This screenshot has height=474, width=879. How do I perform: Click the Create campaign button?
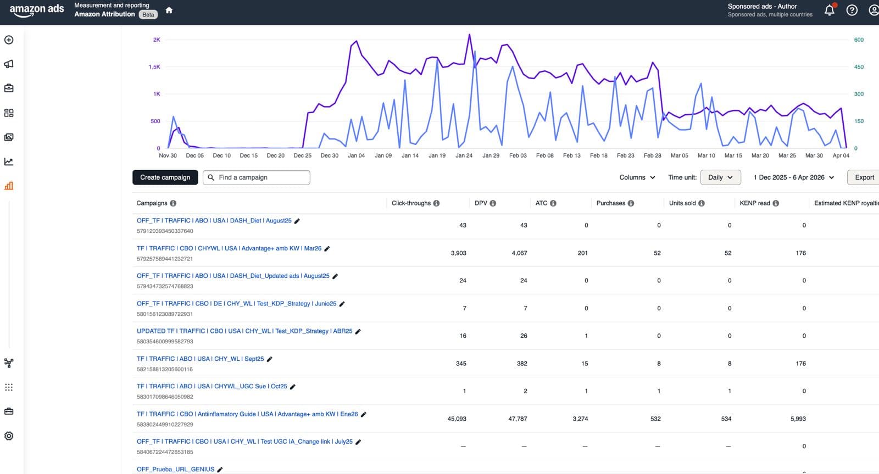[165, 177]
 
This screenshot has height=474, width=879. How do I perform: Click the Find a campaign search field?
[257, 177]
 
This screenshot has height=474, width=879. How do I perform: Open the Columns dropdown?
[637, 177]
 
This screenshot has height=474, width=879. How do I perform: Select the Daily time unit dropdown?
[720, 177]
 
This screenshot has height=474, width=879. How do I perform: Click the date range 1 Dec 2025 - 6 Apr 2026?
[793, 177]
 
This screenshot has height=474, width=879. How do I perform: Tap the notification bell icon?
[830, 10]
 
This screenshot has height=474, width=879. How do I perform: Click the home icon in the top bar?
[169, 10]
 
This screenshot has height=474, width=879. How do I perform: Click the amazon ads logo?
[37, 10]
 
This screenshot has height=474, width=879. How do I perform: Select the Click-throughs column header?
[411, 203]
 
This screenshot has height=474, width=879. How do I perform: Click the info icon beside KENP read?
[776, 203]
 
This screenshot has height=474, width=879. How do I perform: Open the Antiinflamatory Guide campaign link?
[247, 414]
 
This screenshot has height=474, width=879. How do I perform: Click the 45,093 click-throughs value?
[457, 419]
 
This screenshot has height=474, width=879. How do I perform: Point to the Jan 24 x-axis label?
[464, 155]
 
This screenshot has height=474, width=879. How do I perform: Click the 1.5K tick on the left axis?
[154, 67]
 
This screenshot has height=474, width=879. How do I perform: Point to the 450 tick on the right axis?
[859, 67]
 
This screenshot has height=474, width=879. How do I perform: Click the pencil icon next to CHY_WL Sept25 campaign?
[270, 359]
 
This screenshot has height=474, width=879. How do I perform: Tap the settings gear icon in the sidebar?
[9, 436]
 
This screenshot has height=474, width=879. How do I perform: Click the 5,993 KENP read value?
[798, 419]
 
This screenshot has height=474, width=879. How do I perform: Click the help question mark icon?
[852, 10]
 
